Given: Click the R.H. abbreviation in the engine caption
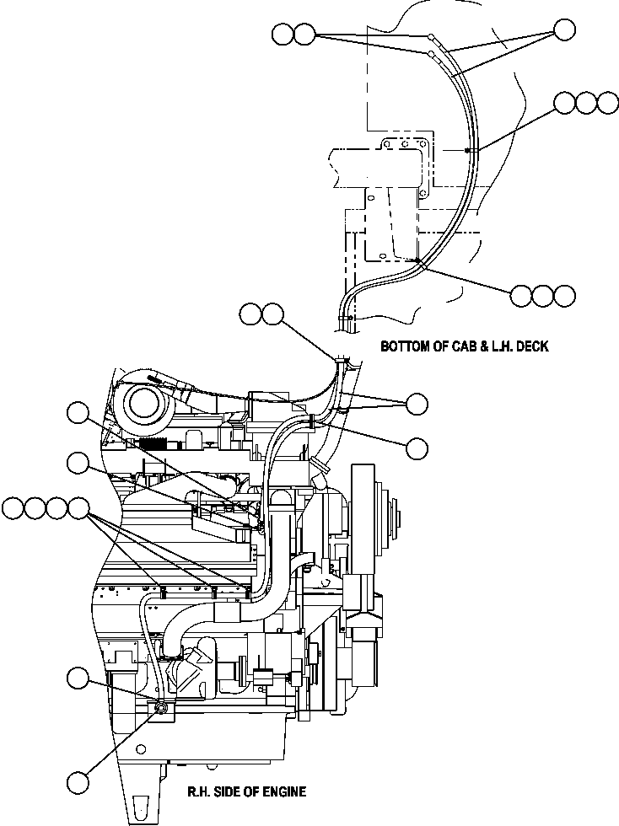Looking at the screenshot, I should [200, 791].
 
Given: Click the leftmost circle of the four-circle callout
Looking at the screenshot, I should [13, 508].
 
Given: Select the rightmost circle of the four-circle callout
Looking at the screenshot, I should [78, 508].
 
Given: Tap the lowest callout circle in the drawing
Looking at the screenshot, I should [78, 781].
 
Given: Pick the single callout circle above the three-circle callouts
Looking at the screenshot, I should [565, 31].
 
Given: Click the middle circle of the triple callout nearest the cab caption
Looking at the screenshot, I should [543, 296].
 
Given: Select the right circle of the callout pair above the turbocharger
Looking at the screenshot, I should [272, 314].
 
